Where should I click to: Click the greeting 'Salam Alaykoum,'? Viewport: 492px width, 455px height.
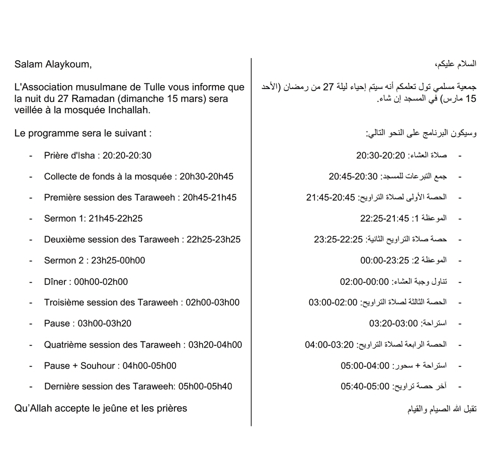click(53, 64)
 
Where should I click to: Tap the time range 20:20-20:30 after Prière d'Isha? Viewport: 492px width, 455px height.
click(127, 155)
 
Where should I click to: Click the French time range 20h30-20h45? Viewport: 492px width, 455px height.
click(206, 177)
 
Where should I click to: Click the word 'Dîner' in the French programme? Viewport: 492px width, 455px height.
click(55, 282)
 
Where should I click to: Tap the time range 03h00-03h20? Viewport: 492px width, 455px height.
click(104, 324)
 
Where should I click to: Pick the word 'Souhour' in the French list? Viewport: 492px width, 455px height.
click(97, 366)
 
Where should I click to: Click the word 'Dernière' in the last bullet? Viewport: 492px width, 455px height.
click(61, 387)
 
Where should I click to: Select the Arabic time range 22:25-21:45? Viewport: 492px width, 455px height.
click(384, 219)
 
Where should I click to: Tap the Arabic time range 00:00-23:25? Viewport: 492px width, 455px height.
click(384, 261)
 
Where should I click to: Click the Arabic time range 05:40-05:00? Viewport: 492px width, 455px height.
click(365, 386)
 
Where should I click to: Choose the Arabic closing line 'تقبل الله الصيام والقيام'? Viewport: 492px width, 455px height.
click(442, 409)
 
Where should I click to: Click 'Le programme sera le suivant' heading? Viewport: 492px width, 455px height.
click(83, 134)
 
